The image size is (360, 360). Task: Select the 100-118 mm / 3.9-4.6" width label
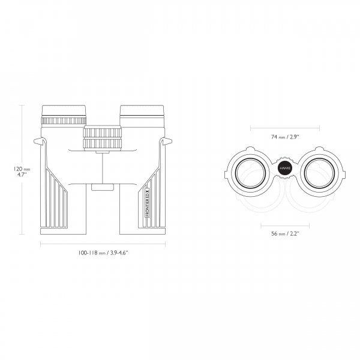103,253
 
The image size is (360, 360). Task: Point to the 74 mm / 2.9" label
286,137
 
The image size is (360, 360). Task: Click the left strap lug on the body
40,142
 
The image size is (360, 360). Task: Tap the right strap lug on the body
166,142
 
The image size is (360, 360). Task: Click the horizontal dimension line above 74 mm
286,127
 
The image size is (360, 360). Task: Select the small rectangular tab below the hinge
103,187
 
